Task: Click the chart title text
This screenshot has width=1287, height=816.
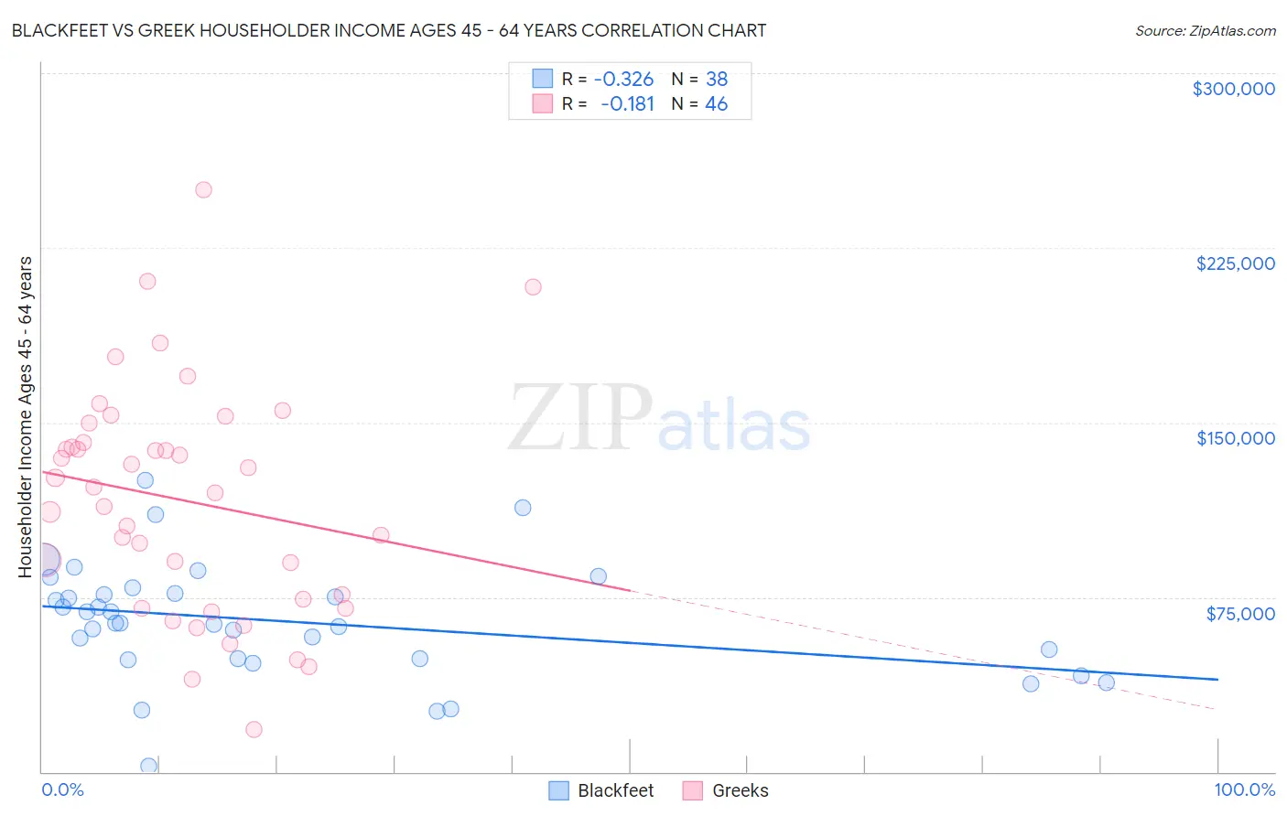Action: [389, 30]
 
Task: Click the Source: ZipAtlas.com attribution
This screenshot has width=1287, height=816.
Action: [1205, 30]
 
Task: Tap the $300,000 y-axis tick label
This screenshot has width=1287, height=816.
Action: [1233, 89]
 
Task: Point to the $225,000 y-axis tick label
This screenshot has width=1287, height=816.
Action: [1235, 263]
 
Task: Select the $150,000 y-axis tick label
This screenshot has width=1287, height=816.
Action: [1235, 438]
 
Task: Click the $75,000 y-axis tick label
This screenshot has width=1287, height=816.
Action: [1240, 614]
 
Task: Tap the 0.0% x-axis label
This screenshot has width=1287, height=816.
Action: [62, 789]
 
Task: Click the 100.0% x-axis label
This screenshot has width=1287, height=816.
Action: [1244, 789]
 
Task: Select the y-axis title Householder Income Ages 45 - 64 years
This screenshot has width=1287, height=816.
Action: [26, 417]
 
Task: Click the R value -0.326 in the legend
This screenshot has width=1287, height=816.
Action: [623, 79]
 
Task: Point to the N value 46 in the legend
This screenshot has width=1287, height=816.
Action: [716, 104]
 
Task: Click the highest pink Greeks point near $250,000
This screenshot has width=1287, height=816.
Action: [203, 190]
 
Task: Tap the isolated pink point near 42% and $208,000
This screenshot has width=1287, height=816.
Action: [533, 287]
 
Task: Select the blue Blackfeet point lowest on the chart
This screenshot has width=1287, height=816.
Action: [148, 766]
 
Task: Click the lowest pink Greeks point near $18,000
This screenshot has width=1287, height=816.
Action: [254, 729]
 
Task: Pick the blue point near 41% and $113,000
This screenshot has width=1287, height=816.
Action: [523, 508]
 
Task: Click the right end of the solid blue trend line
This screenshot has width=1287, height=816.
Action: [1217, 680]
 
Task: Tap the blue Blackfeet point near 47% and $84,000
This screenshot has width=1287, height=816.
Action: [598, 576]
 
